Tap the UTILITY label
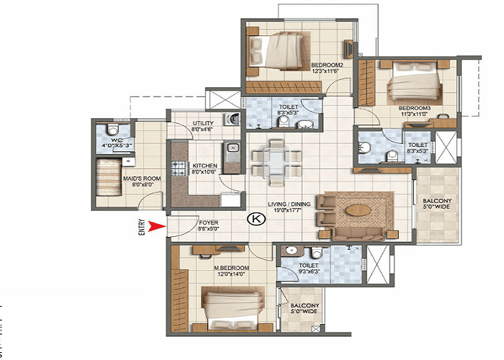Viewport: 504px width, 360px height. tap(203, 124)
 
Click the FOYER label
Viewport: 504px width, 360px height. tap(209, 224)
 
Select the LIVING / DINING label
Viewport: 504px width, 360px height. tap(290, 204)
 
